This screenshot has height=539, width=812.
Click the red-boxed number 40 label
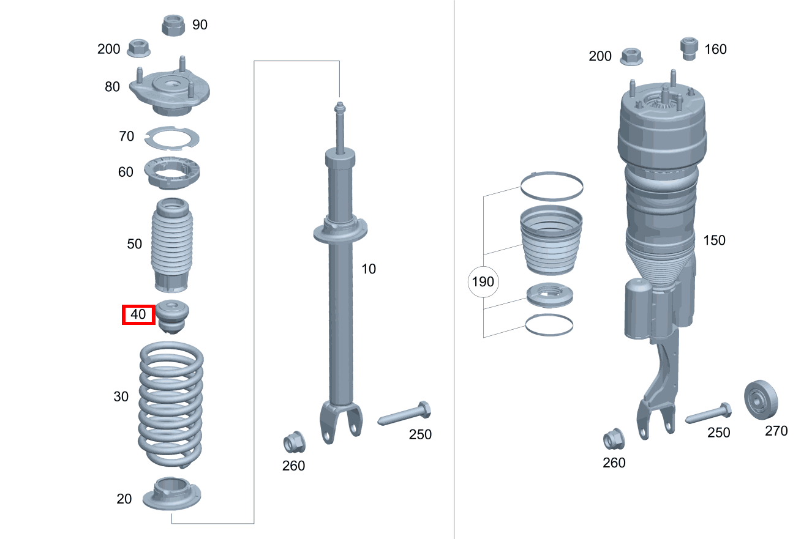[138, 315]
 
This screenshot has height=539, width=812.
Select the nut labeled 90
[174, 26]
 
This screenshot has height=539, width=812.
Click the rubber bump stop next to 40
[173, 317]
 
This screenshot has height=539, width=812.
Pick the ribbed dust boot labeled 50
[171, 245]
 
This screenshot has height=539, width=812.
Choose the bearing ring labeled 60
[172, 173]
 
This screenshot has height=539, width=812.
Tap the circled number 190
[483, 283]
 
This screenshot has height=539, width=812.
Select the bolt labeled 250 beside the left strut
[404, 414]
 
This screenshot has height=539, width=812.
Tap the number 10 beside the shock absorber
[369, 269]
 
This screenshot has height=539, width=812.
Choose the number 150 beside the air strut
[714, 240]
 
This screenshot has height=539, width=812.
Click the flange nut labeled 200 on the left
[138, 48]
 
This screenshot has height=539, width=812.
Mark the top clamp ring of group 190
[552, 186]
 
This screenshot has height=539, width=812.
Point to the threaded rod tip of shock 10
[339, 108]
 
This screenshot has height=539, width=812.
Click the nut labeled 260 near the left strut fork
[293, 442]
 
